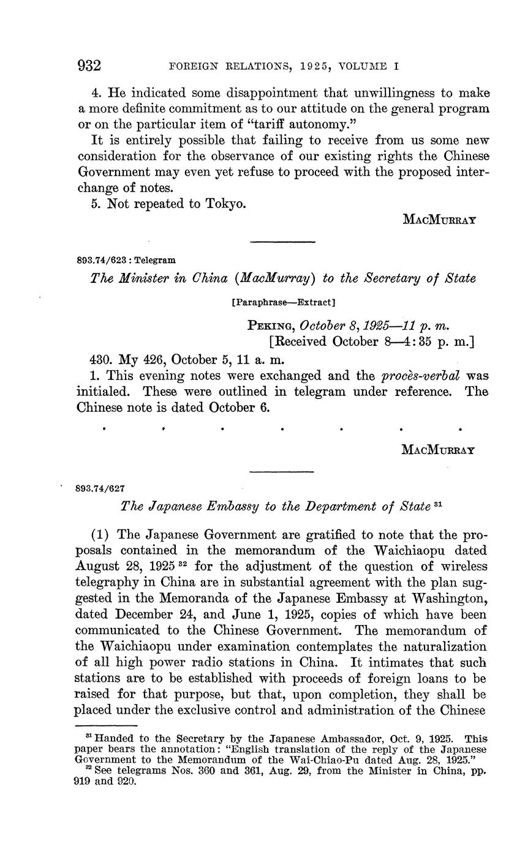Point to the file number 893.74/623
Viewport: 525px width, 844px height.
[x=104, y=260]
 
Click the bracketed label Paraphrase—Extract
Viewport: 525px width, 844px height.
[x=284, y=302]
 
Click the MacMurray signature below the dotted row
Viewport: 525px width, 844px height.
[x=439, y=450]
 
